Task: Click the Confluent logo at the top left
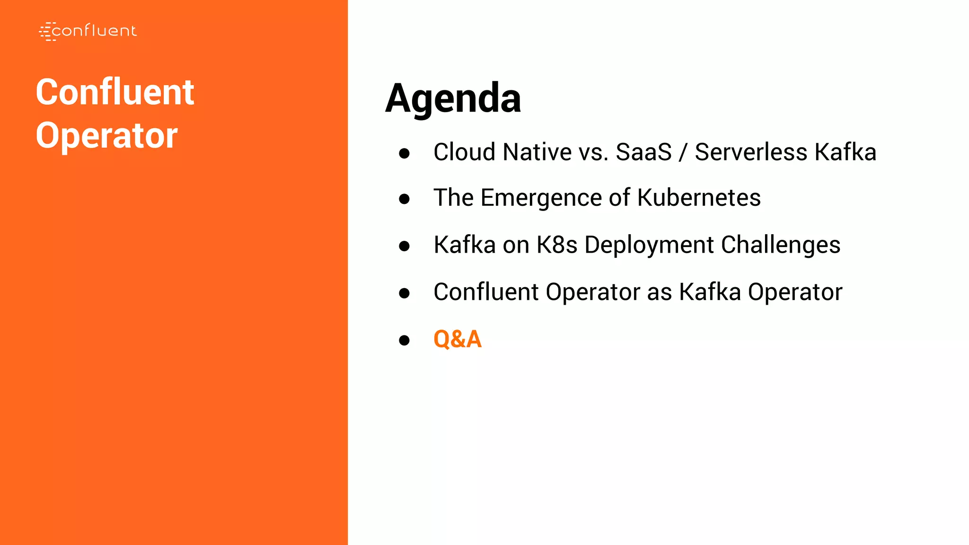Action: point(88,31)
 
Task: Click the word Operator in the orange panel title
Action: point(107,136)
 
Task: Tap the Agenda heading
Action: point(453,98)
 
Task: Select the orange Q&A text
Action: point(457,339)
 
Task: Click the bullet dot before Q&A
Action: point(404,340)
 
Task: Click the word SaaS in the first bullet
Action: point(643,152)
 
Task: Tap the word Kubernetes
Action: point(699,198)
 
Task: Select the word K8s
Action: point(556,245)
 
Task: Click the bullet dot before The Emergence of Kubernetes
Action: point(404,199)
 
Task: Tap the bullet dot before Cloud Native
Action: point(404,153)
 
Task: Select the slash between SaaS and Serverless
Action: point(683,152)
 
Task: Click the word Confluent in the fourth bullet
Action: point(486,292)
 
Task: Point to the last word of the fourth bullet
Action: point(795,292)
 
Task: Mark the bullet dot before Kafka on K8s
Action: point(404,246)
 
